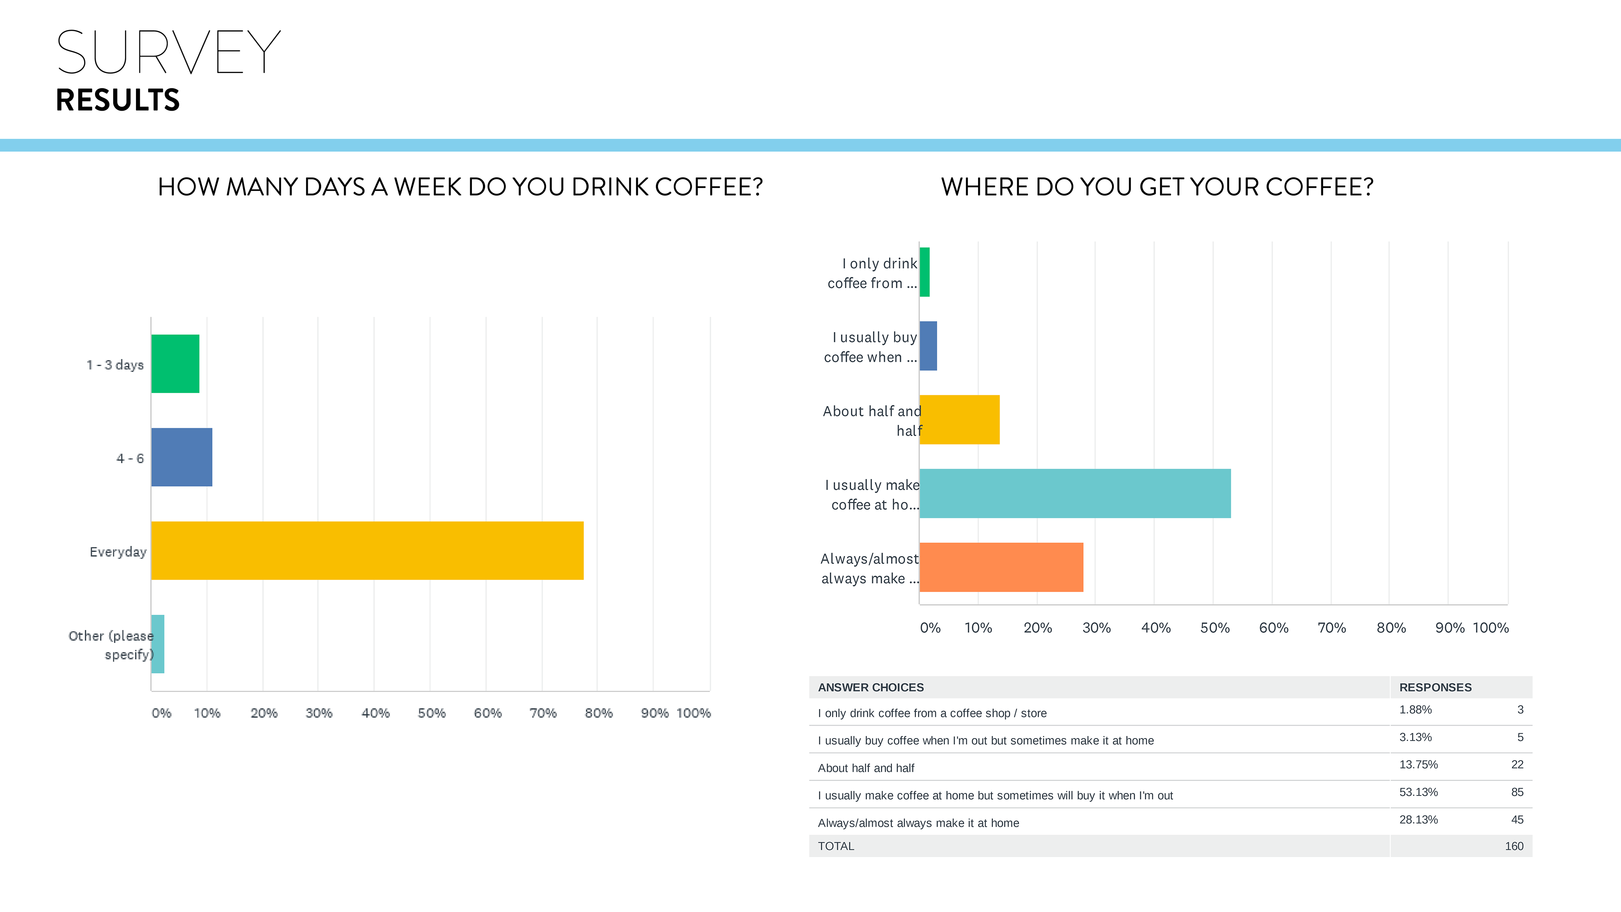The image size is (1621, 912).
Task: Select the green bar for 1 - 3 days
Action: point(175,364)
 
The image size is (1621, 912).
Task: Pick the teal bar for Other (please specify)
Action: point(158,644)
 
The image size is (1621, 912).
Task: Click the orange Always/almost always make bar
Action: point(1001,567)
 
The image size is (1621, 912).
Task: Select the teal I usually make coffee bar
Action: point(1075,494)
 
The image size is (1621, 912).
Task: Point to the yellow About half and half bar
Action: point(959,420)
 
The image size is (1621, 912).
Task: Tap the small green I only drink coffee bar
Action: point(924,272)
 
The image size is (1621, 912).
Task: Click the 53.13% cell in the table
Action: point(1418,792)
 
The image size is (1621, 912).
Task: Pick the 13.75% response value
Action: point(1418,765)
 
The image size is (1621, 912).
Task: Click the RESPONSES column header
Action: point(1435,687)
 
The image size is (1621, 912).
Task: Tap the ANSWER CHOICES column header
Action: point(871,687)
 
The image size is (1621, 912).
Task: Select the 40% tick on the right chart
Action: point(1156,627)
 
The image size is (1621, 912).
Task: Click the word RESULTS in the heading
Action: point(118,100)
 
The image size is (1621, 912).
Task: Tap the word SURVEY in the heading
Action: point(168,52)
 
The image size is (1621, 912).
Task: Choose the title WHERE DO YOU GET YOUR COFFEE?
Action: point(1157,187)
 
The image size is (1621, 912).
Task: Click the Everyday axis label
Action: point(118,552)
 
